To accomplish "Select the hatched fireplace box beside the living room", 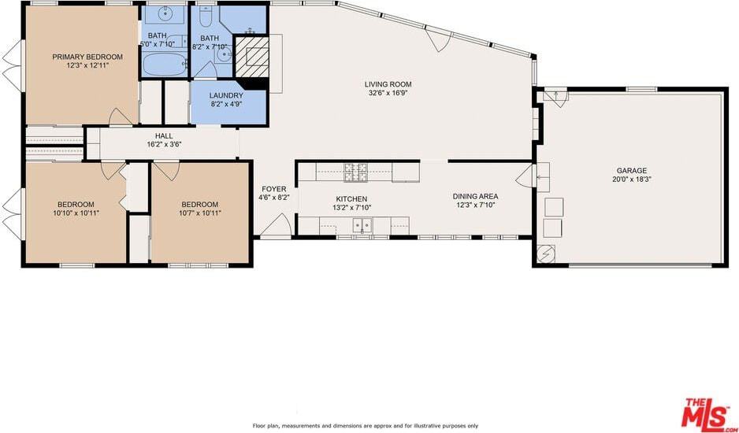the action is (x=251, y=57).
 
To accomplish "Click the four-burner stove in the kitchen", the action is (x=356, y=172).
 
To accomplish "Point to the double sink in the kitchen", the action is (x=362, y=225).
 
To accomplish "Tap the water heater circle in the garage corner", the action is (x=548, y=254).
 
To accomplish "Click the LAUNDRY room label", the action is (x=226, y=95).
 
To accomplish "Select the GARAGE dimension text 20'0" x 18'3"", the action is (x=632, y=179).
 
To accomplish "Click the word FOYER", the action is (x=274, y=189).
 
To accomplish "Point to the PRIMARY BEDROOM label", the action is (x=87, y=57).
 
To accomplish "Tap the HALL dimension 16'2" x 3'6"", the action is (x=164, y=145).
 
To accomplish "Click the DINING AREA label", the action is (x=475, y=196).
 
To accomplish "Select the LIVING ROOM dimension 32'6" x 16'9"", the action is (x=388, y=93).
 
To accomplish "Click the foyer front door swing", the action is (x=277, y=224).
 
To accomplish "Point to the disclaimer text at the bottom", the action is (x=366, y=425).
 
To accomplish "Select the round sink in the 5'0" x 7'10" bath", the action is (x=165, y=14).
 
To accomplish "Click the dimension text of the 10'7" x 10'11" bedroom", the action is (x=200, y=213).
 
